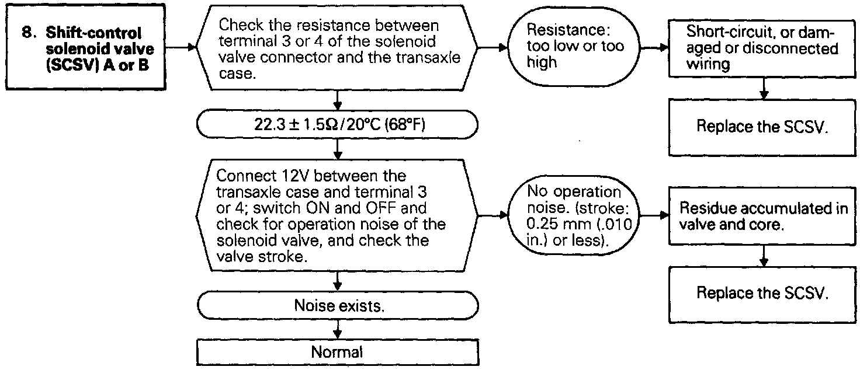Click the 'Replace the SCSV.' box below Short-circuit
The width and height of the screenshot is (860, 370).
(762, 128)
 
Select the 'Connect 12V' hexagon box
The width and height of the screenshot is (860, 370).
(338, 217)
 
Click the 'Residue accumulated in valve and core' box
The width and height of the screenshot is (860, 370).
(762, 217)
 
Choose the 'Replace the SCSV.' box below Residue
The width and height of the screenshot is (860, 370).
(762, 293)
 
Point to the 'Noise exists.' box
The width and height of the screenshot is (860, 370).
(338, 305)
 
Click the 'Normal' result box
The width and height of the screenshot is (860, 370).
(338, 352)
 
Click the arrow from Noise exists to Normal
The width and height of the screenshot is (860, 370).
(338, 330)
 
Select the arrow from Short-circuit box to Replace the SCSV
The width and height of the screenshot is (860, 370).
(762, 89)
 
